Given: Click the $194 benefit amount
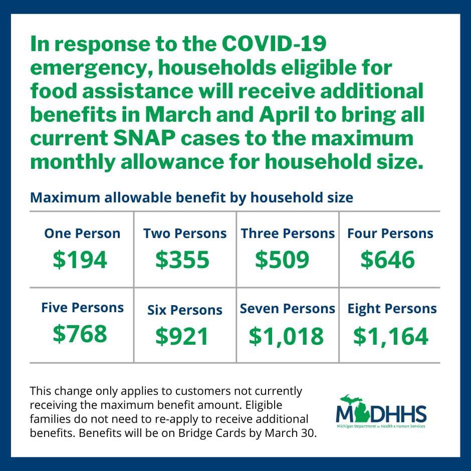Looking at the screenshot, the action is pyautogui.click(x=80, y=260).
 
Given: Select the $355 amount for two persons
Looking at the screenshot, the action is pyautogui.click(x=182, y=260).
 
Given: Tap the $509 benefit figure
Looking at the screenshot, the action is pyautogui.click(x=282, y=260).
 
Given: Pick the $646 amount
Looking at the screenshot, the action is pyautogui.click(x=387, y=260).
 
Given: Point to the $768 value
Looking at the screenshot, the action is pyautogui.click(x=80, y=333).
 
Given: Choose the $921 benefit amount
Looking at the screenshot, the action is pyautogui.click(x=182, y=336).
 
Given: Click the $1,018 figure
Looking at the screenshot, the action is pyautogui.click(x=286, y=336).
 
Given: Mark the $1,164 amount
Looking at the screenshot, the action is pyautogui.click(x=391, y=336).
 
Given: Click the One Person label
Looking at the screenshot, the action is pyautogui.click(x=82, y=233).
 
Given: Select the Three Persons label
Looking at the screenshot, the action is pyautogui.click(x=288, y=233).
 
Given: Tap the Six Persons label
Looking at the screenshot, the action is pyautogui.click(x=185, y=310).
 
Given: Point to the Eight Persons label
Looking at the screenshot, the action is pyautogui.click(x=392, y=309).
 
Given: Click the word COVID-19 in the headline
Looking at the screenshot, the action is pyautogui.click(x=274, y=44).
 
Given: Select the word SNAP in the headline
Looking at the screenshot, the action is pyautogui.click(x=144, y=138).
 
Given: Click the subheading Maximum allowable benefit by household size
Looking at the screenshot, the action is pyautogui.click(x=191, y=198).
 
